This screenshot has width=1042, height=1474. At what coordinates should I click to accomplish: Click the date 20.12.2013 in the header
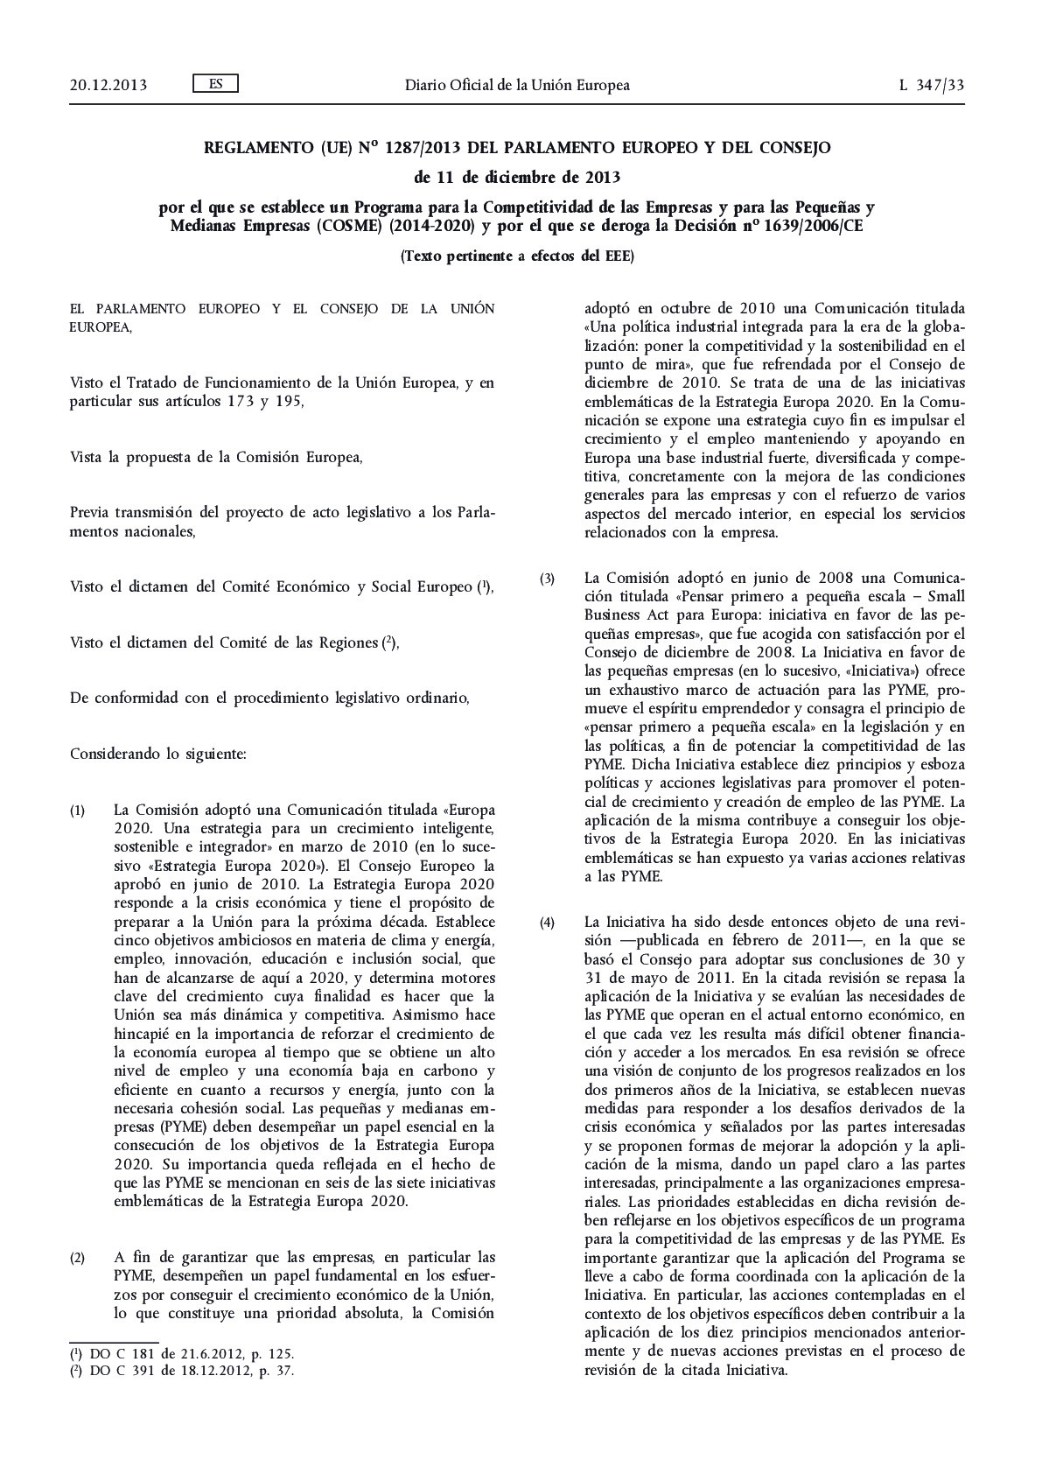coord(108,85)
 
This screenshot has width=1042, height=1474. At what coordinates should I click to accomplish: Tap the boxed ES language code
coord(214,84)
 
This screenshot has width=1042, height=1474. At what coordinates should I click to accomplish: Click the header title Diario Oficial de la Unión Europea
coord(516,85)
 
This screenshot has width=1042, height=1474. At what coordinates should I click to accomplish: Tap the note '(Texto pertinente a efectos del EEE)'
coord(516,256)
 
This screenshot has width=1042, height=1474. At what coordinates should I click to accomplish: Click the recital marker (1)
coord(78,811)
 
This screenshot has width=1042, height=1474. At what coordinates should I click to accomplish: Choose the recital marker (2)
coord(78,1259)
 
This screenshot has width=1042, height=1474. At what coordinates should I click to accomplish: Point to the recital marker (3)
coord(548,579)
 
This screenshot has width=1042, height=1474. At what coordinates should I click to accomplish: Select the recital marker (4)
coord(548,923)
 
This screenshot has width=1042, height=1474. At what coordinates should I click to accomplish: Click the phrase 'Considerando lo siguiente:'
coord(157,753)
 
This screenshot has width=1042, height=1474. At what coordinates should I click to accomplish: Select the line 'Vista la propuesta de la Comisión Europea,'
coord(215,457)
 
